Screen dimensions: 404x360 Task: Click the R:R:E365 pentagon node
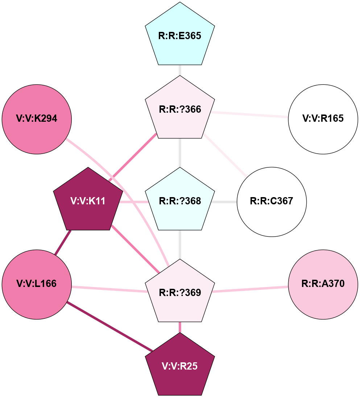180,36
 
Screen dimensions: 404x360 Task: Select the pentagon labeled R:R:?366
180,109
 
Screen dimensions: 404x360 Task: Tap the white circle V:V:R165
323,118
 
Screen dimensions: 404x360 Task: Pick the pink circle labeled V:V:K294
37,118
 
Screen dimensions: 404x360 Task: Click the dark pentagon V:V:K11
88,201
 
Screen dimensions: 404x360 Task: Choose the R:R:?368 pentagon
180,201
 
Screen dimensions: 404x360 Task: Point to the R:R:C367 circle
272,201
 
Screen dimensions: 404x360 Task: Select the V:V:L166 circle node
37,284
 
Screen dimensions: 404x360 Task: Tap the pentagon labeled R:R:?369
180,293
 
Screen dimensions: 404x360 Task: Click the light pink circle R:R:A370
323,284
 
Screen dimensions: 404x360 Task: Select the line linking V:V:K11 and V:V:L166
62,242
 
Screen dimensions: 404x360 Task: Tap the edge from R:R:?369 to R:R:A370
250,289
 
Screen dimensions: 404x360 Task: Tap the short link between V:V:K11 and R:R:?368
133,202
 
